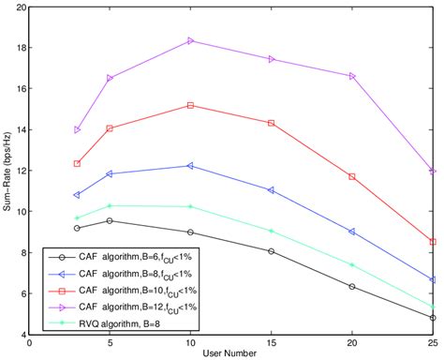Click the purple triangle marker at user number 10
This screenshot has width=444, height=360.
point(191,41)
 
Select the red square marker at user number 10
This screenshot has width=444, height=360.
point(191,105)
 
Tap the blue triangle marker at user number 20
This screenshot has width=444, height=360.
point(352,231)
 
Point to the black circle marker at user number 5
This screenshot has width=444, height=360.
point(111,220)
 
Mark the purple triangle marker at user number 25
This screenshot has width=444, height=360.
point(433,172)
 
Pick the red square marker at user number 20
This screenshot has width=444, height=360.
point(352,176)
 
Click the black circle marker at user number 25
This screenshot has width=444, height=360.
point(433,318)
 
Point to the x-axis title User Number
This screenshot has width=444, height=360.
point(231,352)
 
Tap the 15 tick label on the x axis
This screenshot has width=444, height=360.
point(272,342)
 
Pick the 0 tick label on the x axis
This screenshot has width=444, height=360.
point(31,342)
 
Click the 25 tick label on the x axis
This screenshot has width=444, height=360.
point(432,342)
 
